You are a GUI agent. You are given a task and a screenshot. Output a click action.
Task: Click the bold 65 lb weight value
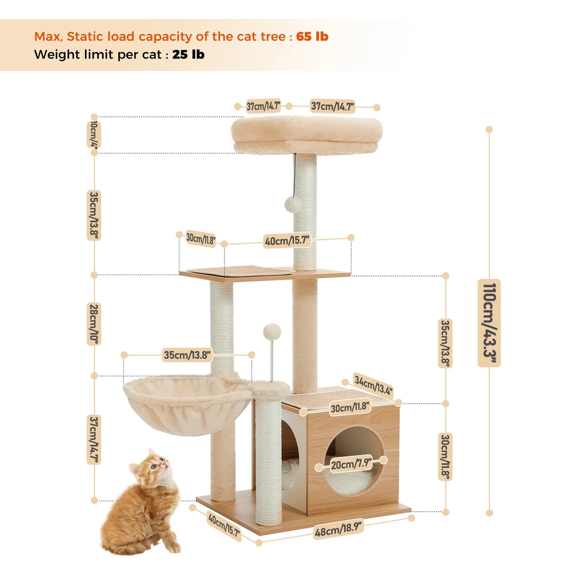click(x=312, y=37)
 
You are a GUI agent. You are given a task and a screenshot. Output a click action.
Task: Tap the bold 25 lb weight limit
click(x=188, y=55)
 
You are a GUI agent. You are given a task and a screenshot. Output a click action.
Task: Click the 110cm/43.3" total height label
click(x=489, y=323)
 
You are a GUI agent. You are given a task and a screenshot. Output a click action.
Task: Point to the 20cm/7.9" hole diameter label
click(x=351, y=464)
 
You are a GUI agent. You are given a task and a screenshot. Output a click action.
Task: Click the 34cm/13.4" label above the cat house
click(x=373, y=385)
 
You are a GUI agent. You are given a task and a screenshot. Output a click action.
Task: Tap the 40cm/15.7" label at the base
click(x=224, y=525)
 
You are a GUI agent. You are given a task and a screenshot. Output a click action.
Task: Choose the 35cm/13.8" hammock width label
click(x=187, y=355)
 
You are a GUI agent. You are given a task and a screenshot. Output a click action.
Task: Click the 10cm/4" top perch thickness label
click(x=94, y=135)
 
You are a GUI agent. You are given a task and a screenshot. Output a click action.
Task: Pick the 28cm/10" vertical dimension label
click(x=94, y=324)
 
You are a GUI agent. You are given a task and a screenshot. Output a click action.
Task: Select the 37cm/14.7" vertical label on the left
click(x=94, y=440)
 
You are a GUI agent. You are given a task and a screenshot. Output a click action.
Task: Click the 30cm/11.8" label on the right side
click(x=445, y=457)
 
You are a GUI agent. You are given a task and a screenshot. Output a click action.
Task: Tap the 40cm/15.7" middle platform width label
click(x=287, y=241)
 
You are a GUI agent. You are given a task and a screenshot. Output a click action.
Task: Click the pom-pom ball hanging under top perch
click(x=293, y=204)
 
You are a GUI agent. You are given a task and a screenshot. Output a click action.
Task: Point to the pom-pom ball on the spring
click(x=272, y=332)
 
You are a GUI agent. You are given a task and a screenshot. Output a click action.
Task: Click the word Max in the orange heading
click(x=47, y=37)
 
